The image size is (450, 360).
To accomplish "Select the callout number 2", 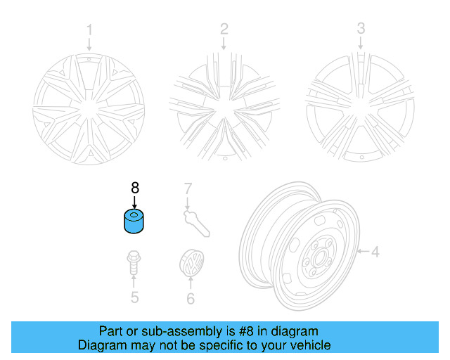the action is tap(224, 29).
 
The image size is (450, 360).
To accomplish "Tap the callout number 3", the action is tap(361, 29).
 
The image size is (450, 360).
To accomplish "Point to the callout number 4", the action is tap(375, 251).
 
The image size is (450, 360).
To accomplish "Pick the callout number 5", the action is tap(134, 297).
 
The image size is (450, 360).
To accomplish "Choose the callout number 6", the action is tap(189, 298).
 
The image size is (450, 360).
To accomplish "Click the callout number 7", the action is tap(188, 188).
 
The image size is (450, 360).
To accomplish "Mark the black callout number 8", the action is tap(135, 188).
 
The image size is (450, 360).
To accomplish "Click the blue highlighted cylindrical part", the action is tap(134, 223).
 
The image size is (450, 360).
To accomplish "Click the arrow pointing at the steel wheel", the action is tap(363, 251).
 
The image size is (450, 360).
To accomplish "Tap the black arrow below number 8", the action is tap(135, 201).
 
